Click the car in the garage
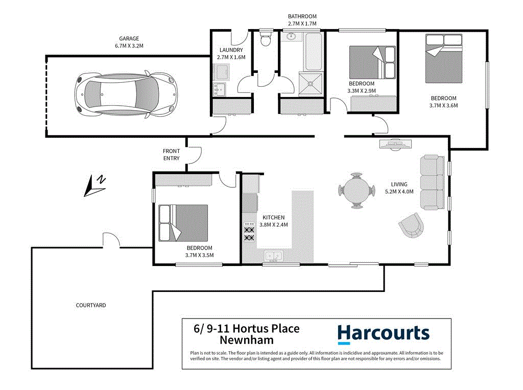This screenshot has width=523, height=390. click(125, 94)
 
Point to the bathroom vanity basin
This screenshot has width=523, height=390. click(292, 37)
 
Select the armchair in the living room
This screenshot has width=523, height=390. click(412, 225)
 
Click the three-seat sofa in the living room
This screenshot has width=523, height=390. click(432, 183)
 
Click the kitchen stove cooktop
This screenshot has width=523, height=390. click(250, 231)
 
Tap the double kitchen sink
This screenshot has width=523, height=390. click(273, 256)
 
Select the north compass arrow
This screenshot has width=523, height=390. click(95, 186)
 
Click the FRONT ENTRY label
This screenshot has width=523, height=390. click(171, 155)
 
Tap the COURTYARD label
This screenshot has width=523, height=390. click(91, 305)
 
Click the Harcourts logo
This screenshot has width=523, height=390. click(383, 333)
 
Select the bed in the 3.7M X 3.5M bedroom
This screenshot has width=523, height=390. click(183, 223)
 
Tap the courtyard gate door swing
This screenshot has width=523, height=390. click(111, 240)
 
